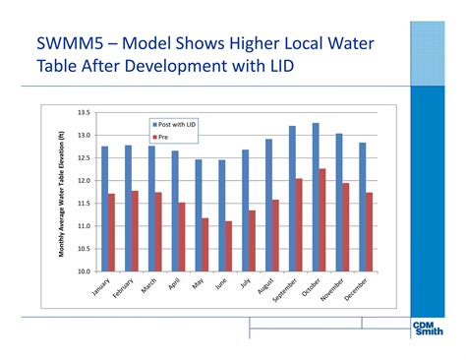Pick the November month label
click(332, 291)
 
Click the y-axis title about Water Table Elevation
click(61, 192)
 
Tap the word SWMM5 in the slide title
click(72, 45)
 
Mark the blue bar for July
click(245, 210)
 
